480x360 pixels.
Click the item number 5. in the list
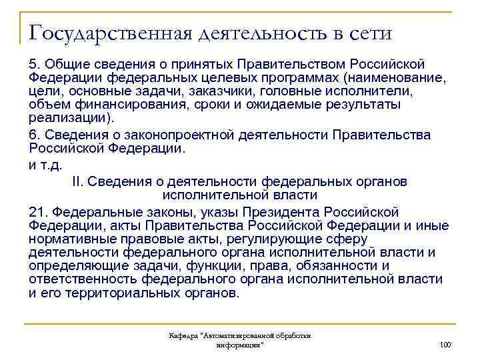point(36,63)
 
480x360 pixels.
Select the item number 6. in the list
point(36,135)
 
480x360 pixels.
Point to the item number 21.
point(39,213)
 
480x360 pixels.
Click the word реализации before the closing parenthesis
point(67,121)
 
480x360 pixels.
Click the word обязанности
point(331,267)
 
